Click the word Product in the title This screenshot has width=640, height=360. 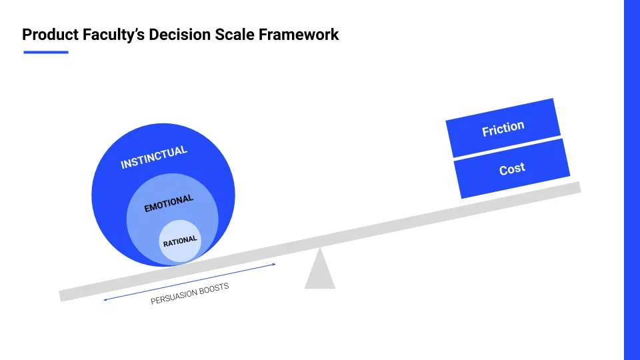tap(50, 35)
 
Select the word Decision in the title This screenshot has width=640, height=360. tap(179, 35)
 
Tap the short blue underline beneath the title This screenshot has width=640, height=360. tap(46, 52)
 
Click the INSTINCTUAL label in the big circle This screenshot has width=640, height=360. tap(154, 157)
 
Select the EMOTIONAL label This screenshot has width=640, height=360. tap(169, 203)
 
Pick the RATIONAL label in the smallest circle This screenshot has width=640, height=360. tap(180, 241)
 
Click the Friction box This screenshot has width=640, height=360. tap(503, 128)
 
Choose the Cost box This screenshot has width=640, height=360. tap(512, 169)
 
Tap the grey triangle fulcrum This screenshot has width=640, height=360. tap(320, 269)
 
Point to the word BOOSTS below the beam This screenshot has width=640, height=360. tap(214, 288)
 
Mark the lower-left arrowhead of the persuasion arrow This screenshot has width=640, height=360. tap(104, 299)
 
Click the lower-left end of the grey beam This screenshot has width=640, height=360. tap(61, 296)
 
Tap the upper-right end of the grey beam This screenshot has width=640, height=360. tap(579, 187)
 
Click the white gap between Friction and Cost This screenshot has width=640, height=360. tap(507, 148)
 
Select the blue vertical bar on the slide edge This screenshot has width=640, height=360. tap(632, 180)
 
